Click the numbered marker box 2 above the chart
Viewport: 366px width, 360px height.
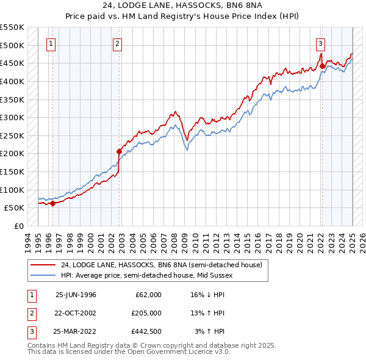click(x=117, y=43)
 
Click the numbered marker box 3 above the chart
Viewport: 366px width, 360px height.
click(x=320, y=43)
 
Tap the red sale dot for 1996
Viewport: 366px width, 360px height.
click(x=52, y=204)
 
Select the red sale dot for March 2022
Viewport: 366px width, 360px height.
click(x=322, y=66)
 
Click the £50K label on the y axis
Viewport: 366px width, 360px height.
click(x=14, y=208)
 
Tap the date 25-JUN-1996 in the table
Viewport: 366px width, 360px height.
click(x=76, y=295)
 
